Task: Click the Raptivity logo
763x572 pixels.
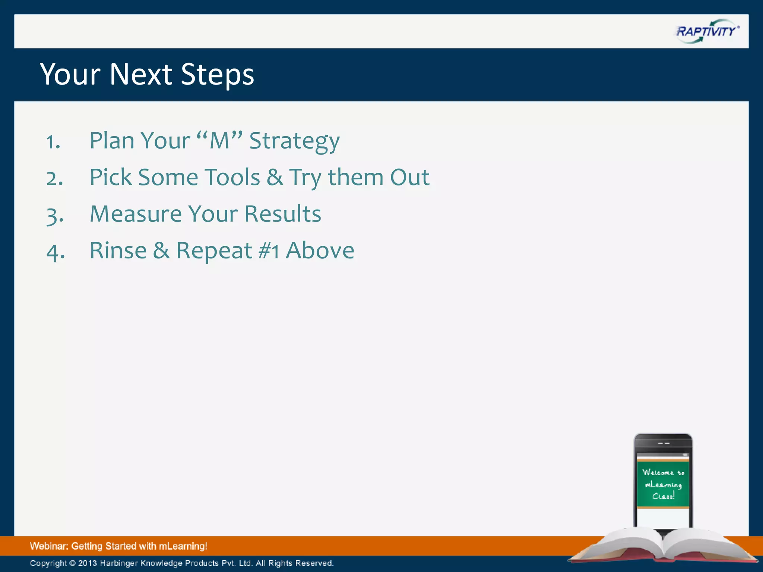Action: tap(707, 31)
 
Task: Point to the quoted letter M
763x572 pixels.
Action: tap(219, 141)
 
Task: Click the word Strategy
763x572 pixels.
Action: tap(294, 142)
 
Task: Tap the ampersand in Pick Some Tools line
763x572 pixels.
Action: tap(275, 177)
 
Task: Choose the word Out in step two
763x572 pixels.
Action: tap(409, 177)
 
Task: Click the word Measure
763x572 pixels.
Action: tap(136, 214)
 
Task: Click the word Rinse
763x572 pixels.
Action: tap(118, 251)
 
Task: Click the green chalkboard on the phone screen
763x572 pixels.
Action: tap(663, 484)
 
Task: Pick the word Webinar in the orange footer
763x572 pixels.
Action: tap(48, 546)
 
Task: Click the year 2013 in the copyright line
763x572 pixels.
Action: tap(87, 563)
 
